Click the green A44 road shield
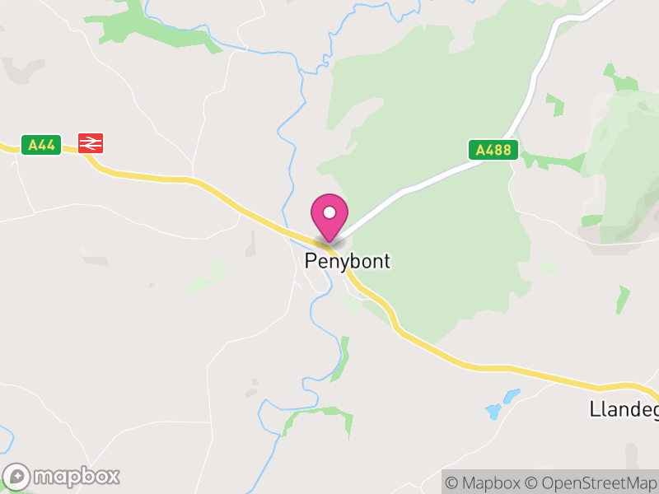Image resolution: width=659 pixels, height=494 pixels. point(41,146)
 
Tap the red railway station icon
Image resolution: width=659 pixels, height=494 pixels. point(91,143)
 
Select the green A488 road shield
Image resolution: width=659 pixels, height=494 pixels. point(494,150)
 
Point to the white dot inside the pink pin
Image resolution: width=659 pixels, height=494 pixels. point(329,212)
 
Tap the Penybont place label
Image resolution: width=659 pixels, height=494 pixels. point(347,262)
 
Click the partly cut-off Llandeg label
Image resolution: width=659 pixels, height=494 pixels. point(624,408)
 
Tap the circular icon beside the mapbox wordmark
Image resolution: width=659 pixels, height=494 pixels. point(17,477)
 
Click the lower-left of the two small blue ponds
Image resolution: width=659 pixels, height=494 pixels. point(494,410)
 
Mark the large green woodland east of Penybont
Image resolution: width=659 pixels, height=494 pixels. point(445,247)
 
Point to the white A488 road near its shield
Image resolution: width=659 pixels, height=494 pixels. point(445,175)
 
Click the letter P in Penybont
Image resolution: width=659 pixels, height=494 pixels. point(311,262)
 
